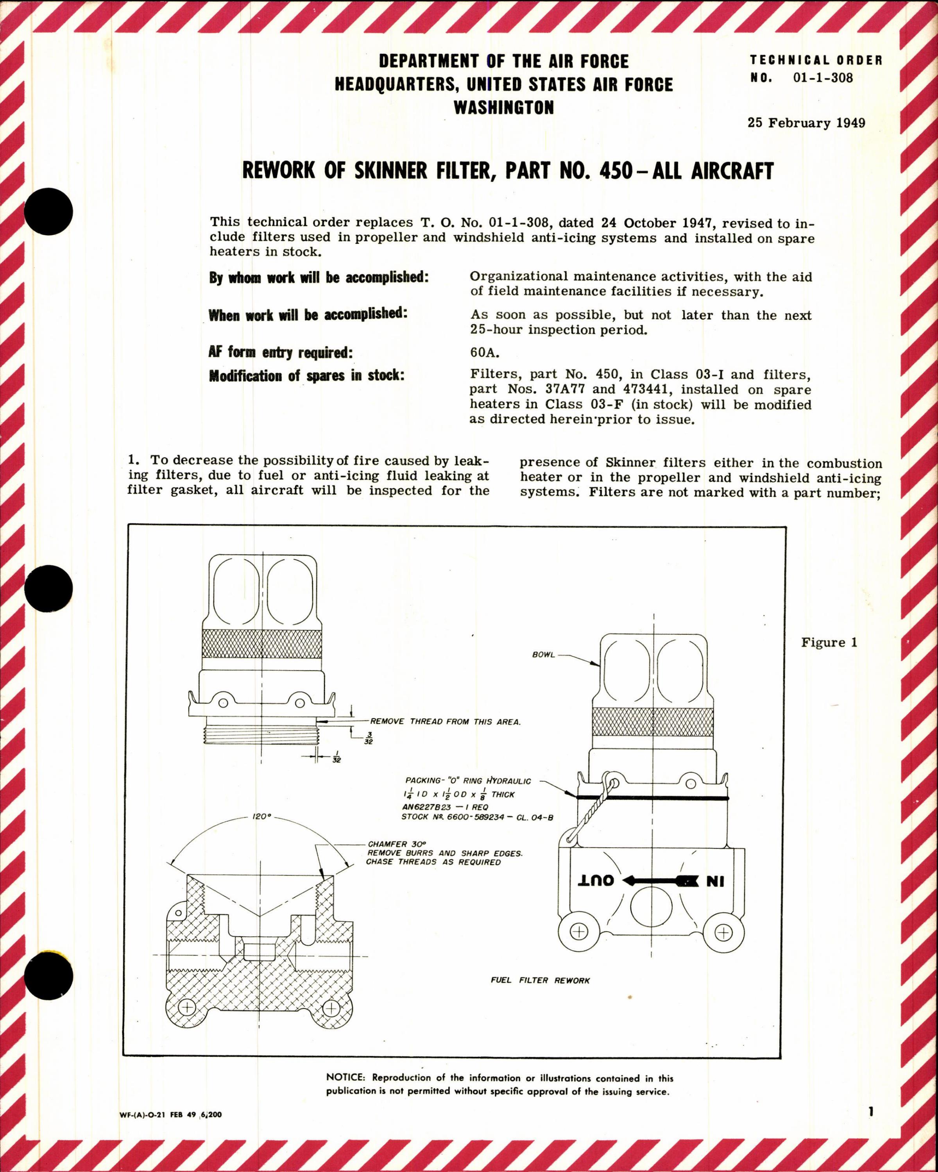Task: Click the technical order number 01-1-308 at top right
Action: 823,78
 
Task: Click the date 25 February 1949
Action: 806,123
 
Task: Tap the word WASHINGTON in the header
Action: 503,108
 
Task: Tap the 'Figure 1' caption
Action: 829,643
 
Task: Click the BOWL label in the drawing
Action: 543,655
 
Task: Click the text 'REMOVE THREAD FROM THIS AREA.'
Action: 445,722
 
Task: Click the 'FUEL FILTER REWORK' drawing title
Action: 539,981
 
